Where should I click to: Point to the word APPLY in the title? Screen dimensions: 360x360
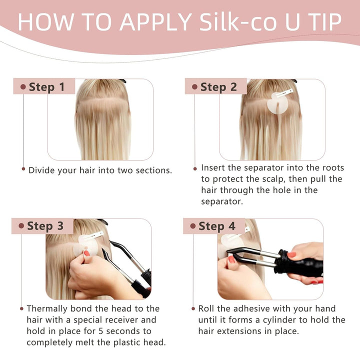155,22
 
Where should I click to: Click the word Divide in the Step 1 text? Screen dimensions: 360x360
43,170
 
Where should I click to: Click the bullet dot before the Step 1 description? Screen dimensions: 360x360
23,169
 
